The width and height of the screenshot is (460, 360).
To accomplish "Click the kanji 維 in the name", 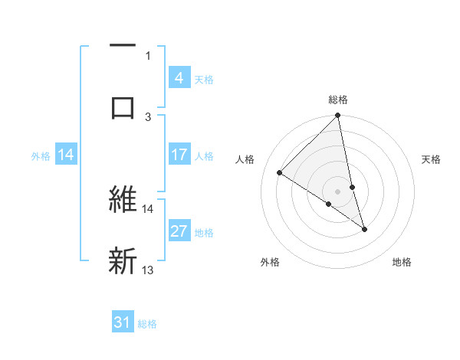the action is tap(123, 200).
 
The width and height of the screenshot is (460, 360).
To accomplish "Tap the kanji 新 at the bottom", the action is tap(123, 260).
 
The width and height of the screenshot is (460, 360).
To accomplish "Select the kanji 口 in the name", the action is tap(123, 106).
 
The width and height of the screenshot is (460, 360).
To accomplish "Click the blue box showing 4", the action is tap(179, 78).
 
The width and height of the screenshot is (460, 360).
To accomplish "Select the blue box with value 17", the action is tap(179, 155).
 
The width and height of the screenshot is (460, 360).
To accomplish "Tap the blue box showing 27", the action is tap(179, 232).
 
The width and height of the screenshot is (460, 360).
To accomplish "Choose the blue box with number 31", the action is tap(123, 322).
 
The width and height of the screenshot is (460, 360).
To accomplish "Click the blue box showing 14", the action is tap(66, 155).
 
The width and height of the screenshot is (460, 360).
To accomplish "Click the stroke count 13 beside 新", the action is tap(148, 270).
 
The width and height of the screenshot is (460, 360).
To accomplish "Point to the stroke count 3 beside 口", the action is tap(148, 116).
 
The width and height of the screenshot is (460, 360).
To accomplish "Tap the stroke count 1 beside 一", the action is tap(148, 55).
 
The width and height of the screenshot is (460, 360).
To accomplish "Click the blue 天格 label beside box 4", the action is tap(204, 79).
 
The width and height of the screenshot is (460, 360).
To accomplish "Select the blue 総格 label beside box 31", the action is tap(147, 323).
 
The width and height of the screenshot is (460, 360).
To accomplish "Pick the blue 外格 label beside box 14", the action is tap(41, 156).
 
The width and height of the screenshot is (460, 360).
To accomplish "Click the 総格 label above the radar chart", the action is tap(338, 100).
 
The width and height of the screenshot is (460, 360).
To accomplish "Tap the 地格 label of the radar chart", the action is tap(402, 262).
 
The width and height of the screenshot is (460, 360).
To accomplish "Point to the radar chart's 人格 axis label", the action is tap(246, 159).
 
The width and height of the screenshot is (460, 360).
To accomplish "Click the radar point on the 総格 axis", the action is tap(338, 116).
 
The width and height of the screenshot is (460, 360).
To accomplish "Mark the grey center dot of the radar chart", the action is tap(338, 191).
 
